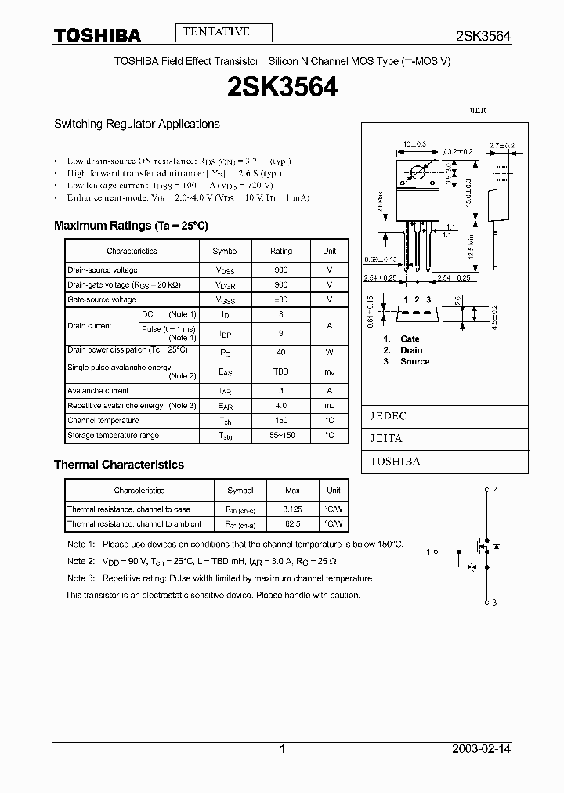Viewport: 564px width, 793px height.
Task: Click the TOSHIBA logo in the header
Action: click(96, 35)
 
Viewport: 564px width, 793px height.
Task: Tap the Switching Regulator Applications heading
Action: click(136, 124)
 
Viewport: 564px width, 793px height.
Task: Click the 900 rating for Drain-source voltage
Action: click(281, 270)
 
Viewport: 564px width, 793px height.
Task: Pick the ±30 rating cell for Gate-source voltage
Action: click(281, 299)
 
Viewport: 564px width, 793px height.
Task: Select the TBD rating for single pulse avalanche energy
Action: click(281, 371)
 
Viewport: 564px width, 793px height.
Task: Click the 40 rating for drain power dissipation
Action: click(281, 353)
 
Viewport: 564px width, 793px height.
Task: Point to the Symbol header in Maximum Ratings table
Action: click(225, 251)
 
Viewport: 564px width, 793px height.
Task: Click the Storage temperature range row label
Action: click(113, 435)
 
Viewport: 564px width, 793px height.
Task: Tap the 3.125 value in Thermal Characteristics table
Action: click(292, 509)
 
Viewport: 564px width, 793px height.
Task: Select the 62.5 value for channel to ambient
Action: click(292, 523)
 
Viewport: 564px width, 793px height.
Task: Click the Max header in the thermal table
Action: click(292, 491)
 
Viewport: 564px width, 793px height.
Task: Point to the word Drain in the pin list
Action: click(411, 350)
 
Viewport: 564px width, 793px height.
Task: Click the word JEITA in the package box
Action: click(386, 439)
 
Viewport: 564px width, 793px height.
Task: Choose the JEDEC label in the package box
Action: click(388, 416)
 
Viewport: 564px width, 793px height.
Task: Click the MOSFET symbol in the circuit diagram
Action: click(478, 553)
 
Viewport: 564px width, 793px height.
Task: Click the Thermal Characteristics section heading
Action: click(118, 465)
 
